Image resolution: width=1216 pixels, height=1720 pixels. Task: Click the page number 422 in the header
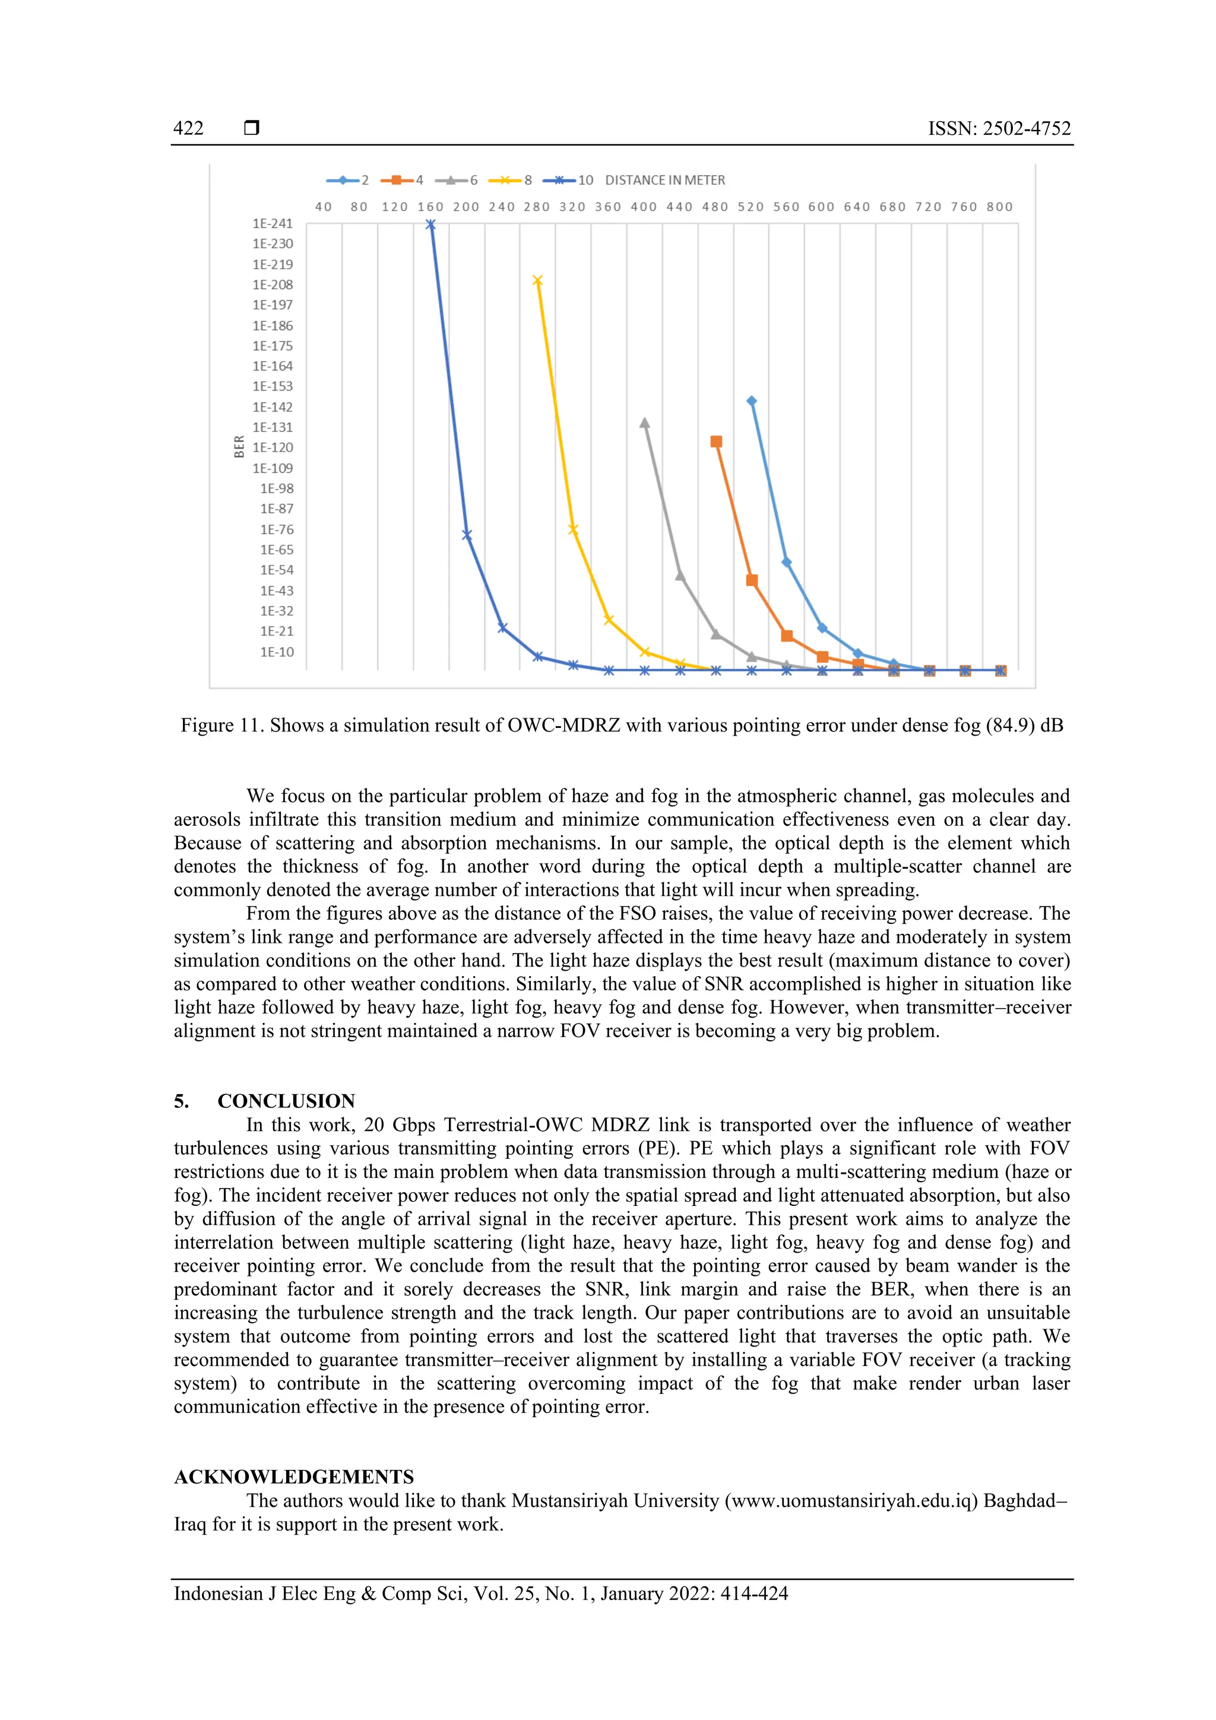coord(188,128)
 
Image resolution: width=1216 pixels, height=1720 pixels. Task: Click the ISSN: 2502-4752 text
coord(999,128)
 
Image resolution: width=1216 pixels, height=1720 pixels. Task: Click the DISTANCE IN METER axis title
coord(664,180)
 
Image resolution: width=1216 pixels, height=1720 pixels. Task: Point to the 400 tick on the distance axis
coord(644,207)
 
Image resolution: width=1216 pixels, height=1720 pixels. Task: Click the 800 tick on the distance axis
coord(999,207)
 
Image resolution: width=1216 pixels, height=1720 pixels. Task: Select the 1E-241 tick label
coord(273,223)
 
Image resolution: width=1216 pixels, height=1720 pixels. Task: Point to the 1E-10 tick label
coord(277,652)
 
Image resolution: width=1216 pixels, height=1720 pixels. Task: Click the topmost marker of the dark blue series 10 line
coord(430,224)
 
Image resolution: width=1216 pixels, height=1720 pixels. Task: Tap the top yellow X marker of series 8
coord(537,281)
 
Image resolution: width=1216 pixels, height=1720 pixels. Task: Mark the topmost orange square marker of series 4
coord(716,442)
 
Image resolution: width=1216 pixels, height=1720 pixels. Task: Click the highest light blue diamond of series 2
coord(752,401)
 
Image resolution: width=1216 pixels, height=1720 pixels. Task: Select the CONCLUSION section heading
coord(286,1101)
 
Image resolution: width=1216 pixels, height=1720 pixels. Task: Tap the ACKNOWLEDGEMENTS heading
coord(294,1477)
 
